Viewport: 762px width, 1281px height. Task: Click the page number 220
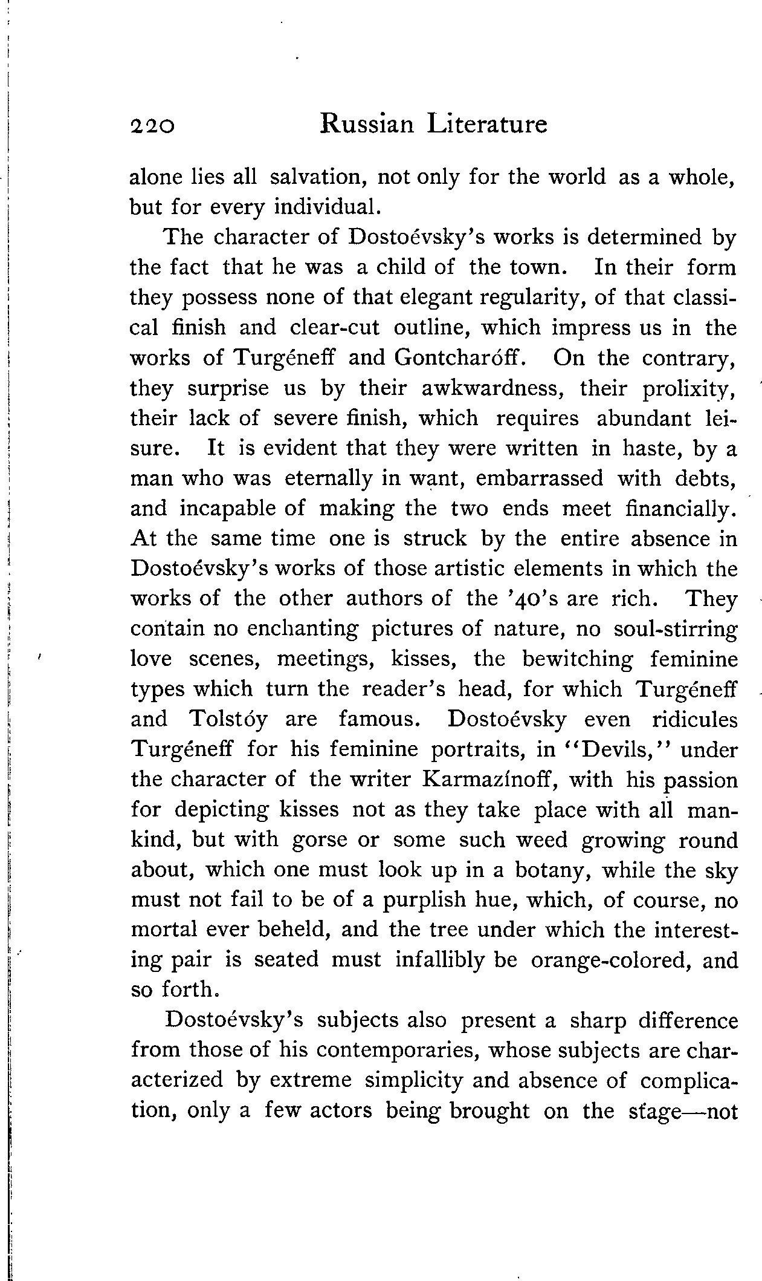[152, 125]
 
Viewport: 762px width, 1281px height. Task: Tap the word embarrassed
[540, 478]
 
